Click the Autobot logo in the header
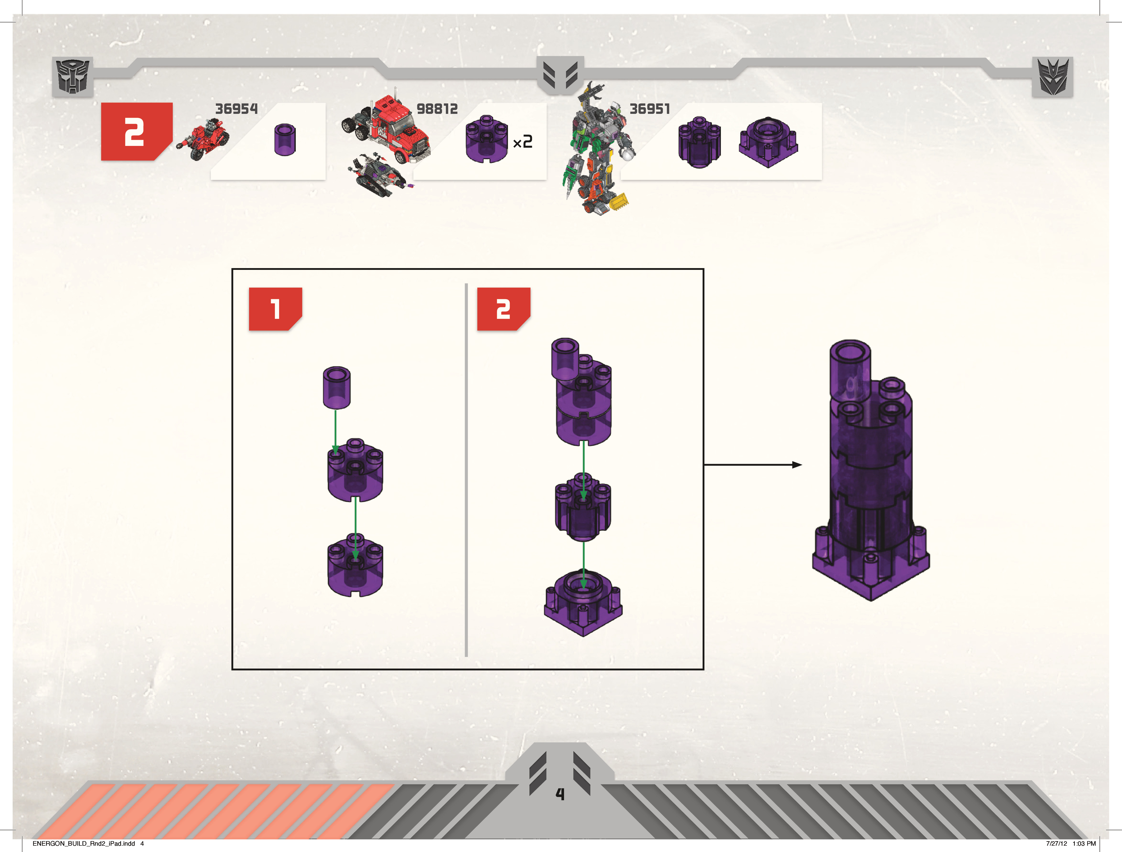coord(72,76)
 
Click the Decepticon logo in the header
coord(1053,76)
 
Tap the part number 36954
coord(236,109)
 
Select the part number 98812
coord(437,109)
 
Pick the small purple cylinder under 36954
coord(285,140)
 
